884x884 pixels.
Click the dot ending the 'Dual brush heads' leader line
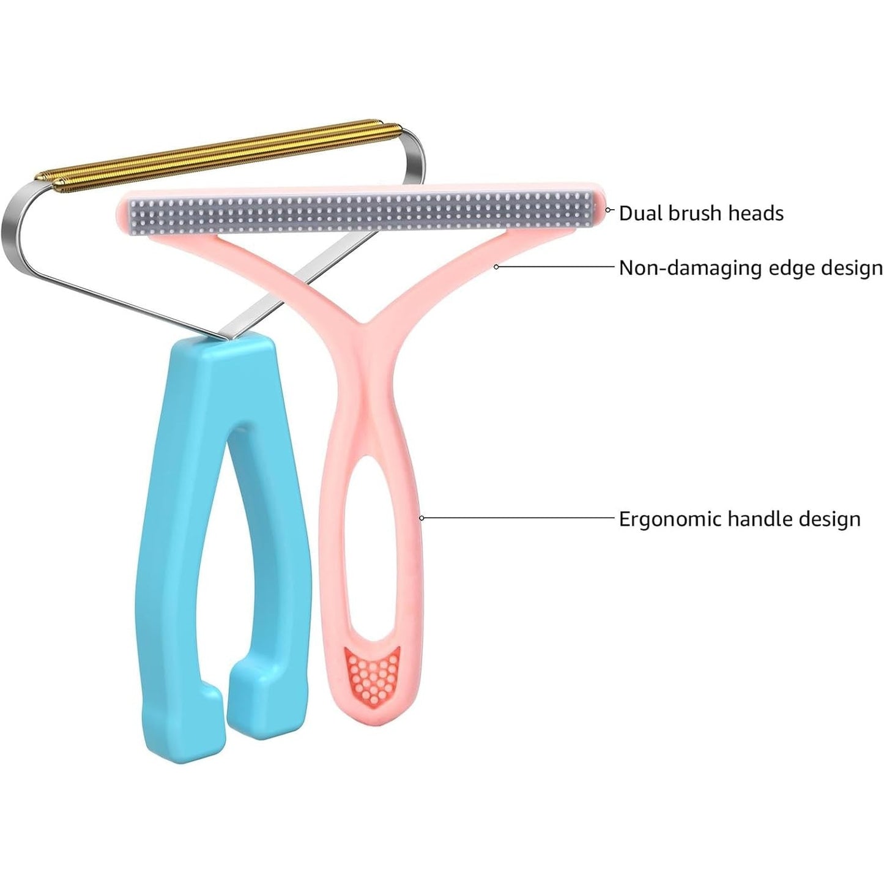tap(608, 210)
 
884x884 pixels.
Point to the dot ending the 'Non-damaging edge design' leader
tap(496, 267)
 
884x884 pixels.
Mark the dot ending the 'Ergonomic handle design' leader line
tap(422, 518)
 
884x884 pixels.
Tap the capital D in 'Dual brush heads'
tap(626, 214)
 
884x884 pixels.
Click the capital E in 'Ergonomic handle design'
tap(625, 519)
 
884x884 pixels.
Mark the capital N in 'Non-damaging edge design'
tap(626, 268)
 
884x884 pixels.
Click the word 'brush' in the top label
tap(695, 214)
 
